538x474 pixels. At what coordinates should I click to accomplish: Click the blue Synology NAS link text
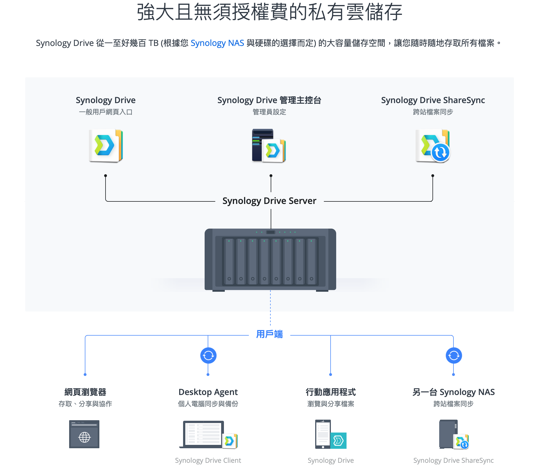point(217,43)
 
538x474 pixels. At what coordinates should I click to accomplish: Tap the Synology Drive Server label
point(269,201)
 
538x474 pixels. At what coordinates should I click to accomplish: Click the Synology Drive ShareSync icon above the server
point(432,146)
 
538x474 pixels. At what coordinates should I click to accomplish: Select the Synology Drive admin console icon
point(269,146)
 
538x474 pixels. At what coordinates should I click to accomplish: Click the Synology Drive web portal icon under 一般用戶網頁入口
point(106,146)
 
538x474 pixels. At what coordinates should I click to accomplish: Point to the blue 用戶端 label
point(269,334)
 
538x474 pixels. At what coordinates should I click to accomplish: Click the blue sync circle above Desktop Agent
point(208,355)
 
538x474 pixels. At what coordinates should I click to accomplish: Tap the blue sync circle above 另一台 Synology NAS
point(453,355)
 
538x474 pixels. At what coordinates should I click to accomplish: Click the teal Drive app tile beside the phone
point(338,441)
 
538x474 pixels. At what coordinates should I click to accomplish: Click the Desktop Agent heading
point(208,392)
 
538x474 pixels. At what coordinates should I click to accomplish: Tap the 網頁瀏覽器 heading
point(85,392)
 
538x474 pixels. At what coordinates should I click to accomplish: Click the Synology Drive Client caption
point(208,460)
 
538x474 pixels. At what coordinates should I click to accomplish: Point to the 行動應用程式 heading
point(331,392)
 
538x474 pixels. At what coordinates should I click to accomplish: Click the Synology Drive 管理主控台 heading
point(269,100)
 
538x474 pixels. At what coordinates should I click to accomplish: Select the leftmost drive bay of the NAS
point(229,261)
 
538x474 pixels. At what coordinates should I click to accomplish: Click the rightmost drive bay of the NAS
point(311,261)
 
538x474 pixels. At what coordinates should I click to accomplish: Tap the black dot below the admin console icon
point(271,176)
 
